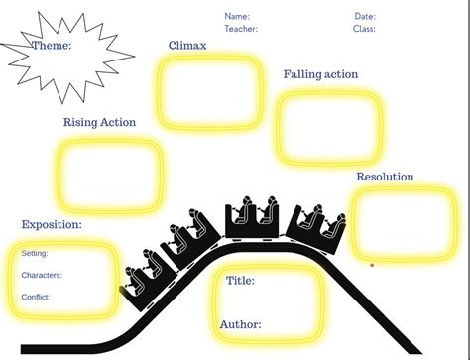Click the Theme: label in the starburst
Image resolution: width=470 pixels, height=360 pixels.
pyautogui.click(x=52, y=46)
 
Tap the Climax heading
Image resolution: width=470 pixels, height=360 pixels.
pyautogui.click(x=187, y=46)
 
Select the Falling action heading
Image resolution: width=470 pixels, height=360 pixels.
pyautogui.click(x=320, y=74)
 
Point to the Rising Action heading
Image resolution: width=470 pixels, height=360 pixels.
pyautogui.click(x=99, y=123)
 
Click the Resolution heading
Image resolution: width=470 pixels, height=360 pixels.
pyautogui.click(x=385, y=177)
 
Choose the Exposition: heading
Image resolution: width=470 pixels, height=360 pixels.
pyautogui.click(x=52, y=225)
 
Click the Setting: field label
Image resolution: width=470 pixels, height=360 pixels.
pyautogui.click(x=35, y=253)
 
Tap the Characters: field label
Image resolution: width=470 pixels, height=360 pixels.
pyautogui.click(x=42, y=275)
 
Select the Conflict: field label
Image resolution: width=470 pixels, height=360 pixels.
pyautogui.click(x=36, y=297)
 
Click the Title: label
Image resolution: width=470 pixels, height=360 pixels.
pyautogui.click(x=240, y=281)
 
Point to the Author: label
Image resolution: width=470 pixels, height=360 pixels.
pyautogui.click(x=241, y=324)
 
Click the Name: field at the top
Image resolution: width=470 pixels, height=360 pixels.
pyautogui.click(x=237, y=16)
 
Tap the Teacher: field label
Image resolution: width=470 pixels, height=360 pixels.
pyautogui.click(x=241, y=29)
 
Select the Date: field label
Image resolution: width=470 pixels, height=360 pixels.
pyautogui.click(x=365, y=16)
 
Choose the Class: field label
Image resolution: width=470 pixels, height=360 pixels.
pyautogui.click(x=364, y=29)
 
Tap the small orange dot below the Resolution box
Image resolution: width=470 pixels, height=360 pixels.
pyautogui.click(x=372, y=265)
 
